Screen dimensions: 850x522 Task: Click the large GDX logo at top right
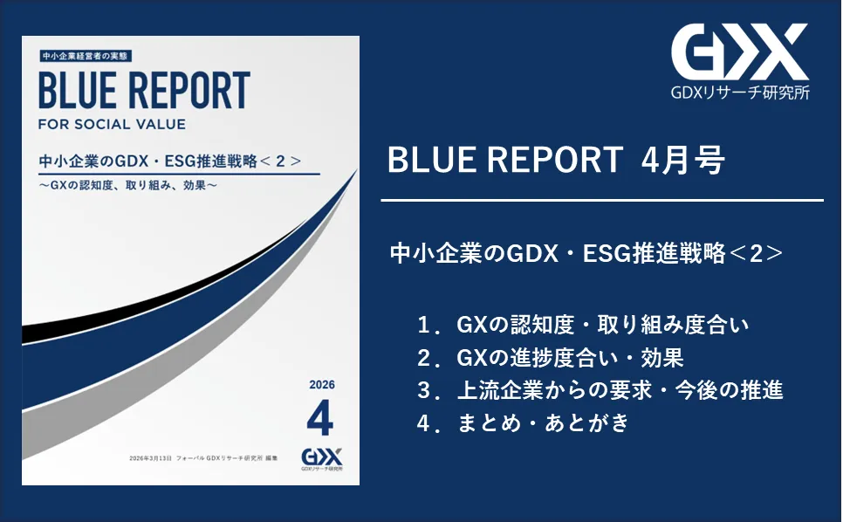[x=739, y=52]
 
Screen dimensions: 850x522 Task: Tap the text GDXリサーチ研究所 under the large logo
[x=740, y=93]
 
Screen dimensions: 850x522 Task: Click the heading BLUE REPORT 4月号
[x=556, y=160]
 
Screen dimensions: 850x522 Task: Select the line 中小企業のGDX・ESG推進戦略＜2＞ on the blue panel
[x=586, y=253]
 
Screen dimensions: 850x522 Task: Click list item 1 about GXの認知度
[x=583, y=325]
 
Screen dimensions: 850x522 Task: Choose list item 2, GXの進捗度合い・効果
[x=551, y=358]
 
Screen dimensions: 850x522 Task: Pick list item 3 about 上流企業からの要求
[x=600, y=390]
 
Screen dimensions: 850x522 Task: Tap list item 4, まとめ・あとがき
[x=523, y=422]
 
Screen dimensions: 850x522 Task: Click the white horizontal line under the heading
[x=602, y=201]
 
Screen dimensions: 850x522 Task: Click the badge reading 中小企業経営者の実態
[x=86, y=56]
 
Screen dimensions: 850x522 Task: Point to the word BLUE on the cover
[x=77, y=91]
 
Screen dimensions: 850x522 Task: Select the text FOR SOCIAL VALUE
[x=113, y=124]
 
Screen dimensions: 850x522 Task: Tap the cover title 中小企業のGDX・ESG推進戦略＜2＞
[x=170, y=161]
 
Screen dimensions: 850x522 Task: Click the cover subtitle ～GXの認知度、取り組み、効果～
[x=128, y=185]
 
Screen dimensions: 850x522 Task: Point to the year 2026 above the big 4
[x=322, y=385]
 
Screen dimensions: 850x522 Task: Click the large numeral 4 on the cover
[x=319, y=417]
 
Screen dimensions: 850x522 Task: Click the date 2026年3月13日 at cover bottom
[x=151, y=458]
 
